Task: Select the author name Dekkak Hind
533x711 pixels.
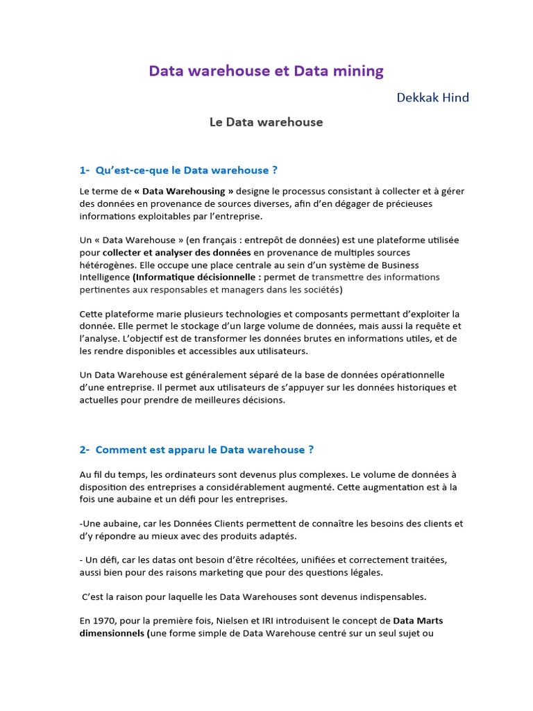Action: [x=433, y=97]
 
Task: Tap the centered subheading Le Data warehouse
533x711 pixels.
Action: [x=266, y=122]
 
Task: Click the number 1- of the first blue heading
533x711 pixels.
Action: [x=85, y=170]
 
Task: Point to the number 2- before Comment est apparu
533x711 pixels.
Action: [x=85, y=450]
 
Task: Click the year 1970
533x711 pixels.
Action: [x=104, y=621]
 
